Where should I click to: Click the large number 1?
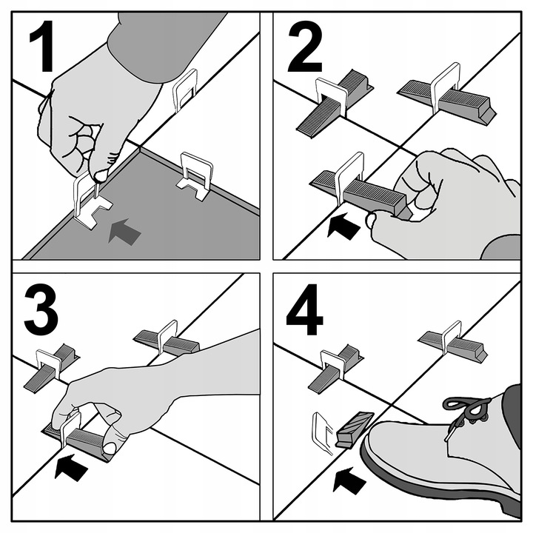pyautogui.click(x=43, y=46)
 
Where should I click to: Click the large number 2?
pyautogui.click(x=305, y=46)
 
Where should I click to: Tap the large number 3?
pyautogui.click(x=41, y=309)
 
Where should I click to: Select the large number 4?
pyautogui.click(x=304, y=309)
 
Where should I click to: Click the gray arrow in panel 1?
pyautogui.click(x=124, y=232)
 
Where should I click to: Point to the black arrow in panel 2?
pyautogui.click(x=343, y=226)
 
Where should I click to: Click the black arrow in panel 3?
pyautogui.click(x=71, y=467)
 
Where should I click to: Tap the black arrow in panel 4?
pyautogui.click(x=349, y=480)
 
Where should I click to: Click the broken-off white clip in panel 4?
pyautogui.click(x=323, y=433)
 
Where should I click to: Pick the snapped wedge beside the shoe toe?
pyautogui.click(x=354, y=429)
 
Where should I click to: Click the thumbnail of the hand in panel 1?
pyautogui.click(x=101, y=175)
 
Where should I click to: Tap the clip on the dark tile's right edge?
pyautogui.click(x=195, y=175)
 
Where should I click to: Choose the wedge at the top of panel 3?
pyautogui.click(x=167, y=342)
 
